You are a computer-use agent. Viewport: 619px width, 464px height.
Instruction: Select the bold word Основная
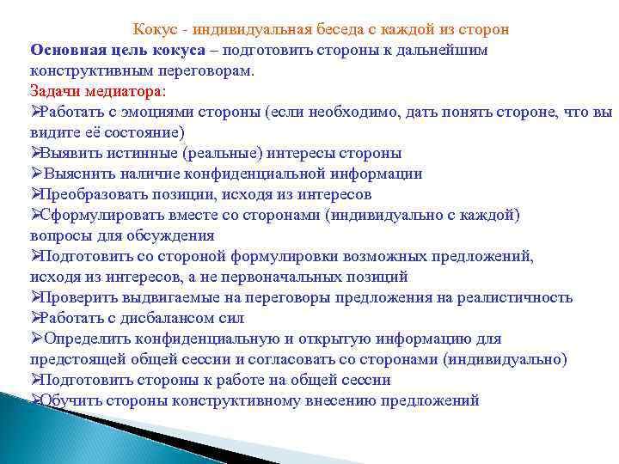pyautogui.click(x=65, y=50)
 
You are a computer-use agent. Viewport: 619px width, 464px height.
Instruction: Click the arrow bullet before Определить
pyautogui.click(x=36, y=339)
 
